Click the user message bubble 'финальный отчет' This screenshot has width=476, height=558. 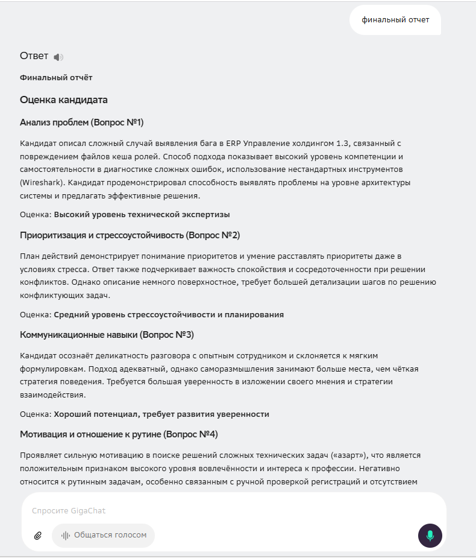395,20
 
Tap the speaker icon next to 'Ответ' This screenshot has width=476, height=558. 58,57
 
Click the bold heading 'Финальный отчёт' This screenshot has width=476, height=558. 56,78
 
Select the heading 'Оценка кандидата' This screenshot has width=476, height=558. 64,100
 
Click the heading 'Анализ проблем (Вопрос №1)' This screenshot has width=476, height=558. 81,122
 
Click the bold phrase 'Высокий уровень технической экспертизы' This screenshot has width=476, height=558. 142,215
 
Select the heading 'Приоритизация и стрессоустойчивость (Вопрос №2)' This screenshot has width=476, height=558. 130,235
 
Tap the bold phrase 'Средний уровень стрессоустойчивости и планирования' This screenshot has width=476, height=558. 169,314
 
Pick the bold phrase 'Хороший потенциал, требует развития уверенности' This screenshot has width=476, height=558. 161,414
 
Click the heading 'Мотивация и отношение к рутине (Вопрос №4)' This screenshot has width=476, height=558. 114,434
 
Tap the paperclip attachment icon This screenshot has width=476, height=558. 38,536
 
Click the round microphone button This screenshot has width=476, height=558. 430,536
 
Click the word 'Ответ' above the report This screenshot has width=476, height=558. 34,56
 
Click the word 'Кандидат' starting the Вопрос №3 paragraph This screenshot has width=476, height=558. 37,355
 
